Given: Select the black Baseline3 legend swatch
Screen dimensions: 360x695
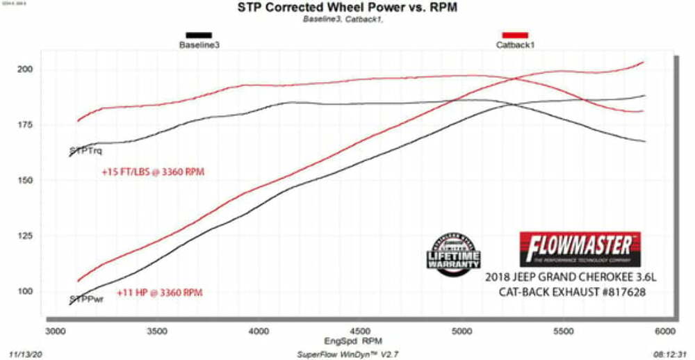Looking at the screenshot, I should (199, 35).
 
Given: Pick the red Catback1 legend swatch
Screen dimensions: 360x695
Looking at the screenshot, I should (515, 35).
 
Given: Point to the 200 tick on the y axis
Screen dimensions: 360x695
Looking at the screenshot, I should (26, 70).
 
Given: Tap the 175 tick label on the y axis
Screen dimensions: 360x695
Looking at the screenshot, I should (26, 125).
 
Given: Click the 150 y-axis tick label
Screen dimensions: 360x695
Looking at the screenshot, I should (26, 181).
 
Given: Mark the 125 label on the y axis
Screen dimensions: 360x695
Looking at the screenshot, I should (26, 236).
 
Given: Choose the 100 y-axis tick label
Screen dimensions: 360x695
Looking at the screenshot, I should (26, 292).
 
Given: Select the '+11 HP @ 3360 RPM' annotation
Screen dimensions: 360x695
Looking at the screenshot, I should (159, 293).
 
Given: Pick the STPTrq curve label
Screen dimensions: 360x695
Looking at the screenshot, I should (86, 150).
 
